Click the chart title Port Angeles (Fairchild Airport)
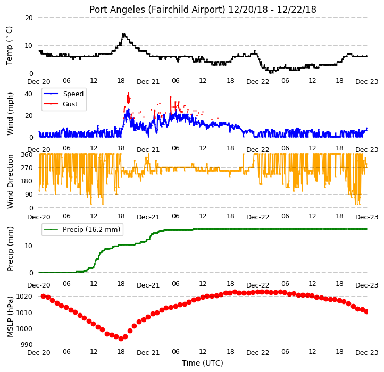click(x=157, y=10)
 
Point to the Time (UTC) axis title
click(x=203, y=363)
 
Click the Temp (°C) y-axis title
click(x=9, y=46)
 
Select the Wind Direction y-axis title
click(x=10, y=181)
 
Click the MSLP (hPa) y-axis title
click(x=10, y=317)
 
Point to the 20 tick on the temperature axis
click(x=29, y=18)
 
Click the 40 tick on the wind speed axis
click(x=28, y=94)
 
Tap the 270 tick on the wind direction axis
click(x=27, y=168)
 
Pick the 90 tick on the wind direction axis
click(x=29, y=195)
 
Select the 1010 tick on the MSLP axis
click(x=24, y=313)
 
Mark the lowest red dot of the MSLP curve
click(x=121, y=339)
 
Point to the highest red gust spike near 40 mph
click(x=128, y=94)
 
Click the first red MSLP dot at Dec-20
click(x=44, y=296)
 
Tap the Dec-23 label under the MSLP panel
click(x=366, y=353)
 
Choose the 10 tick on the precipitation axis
click(x=28, y=246)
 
